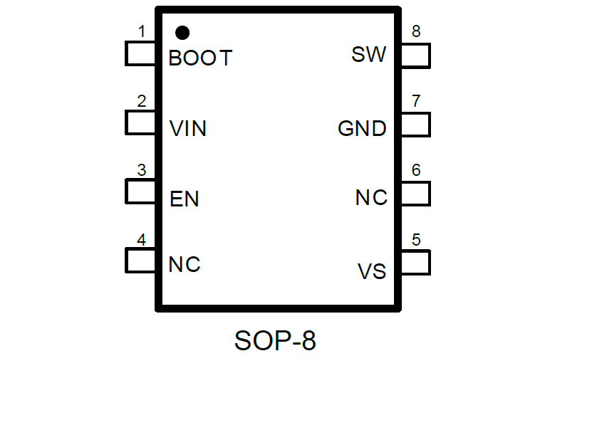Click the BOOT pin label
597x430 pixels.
(x=200, y=58)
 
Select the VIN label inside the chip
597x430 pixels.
(x=188, y=129)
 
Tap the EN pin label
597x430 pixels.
(x=185, y=199)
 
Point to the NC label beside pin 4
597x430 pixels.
(x=185, y=265)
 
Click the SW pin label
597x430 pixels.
(x=369, y=55)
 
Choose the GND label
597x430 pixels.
(x=362, y=129)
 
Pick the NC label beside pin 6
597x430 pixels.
(x=371, y=197)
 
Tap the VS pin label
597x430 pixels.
(x=372, y=271)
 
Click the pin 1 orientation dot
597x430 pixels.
(x=182, y=32)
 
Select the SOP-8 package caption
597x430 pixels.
(x=275, y=341)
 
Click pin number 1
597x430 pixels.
(x=141, y=32)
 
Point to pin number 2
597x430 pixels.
(x=141, y=101)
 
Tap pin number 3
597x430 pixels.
(x=141, y=170)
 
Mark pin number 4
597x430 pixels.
(x=141, y=240)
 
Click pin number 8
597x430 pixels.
(x=416, y=32)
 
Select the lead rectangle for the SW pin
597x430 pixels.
(x=415, y=55)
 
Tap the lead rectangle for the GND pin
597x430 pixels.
(x=415, y=125)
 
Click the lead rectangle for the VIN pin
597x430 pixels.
(x=141, y=123)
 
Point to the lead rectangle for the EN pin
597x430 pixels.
(x=141, y=192)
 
